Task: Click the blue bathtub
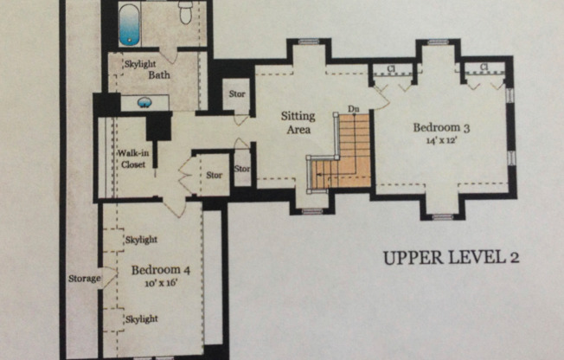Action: coord(130,25)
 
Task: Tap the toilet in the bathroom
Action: coord(185,13)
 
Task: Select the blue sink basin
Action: coord(144,103)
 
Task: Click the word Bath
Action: coord(159,75)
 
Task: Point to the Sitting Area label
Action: coord(298,123)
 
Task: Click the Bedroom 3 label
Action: coord(441,127)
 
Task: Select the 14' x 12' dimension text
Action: coord(441,140)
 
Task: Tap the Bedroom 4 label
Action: coord(161,270)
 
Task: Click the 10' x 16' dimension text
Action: coord(161,283)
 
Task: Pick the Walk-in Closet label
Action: coord(133,159)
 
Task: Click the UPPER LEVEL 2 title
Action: coord(451,258)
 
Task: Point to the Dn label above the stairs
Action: coord(353,109)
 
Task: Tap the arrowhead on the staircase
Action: coord(318,176)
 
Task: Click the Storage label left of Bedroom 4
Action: coord(85,279)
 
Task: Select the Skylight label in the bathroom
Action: coord(140,64)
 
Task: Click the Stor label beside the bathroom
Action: coord(237,94)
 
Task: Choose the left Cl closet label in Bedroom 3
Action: coord(391,68)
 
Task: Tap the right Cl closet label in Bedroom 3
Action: coord(484,67)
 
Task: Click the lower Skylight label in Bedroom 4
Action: coord(141,319)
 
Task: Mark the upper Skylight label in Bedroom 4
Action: coord(141,240)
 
